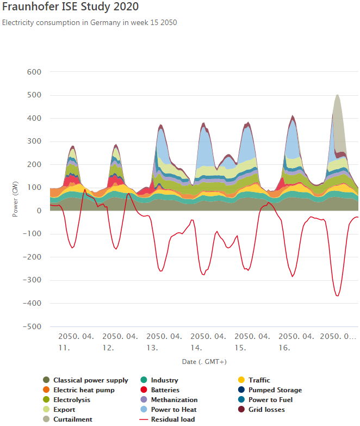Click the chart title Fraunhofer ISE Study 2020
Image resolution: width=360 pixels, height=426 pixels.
pyautogui.click(x=70, y=7)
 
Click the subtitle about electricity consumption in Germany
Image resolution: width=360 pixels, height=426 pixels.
pyautogui.click(x=90, y=23)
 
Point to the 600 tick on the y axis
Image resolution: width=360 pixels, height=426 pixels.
pyautogui.click(x=34, y=72)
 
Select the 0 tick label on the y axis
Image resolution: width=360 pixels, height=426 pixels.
pyautogui.click(x=39, y=211)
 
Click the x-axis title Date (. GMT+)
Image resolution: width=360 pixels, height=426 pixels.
pyautogui.click(x=204, y=361)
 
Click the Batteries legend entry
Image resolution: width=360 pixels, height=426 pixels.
pyautogui.click(x=165, y=390)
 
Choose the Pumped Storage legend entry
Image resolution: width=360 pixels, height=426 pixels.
pyautogui.click(x=275, y=390)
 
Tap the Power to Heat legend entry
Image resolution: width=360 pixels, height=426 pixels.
pyautogui.click(x=173, y=410)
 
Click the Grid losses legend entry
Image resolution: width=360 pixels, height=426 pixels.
pyautogui.click(x=266, y=410)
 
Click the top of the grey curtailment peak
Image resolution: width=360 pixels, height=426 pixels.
pyautogui.click(x=338, y=95)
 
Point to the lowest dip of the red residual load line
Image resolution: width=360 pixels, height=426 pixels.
pyautogui.click(x=338, y=296)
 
